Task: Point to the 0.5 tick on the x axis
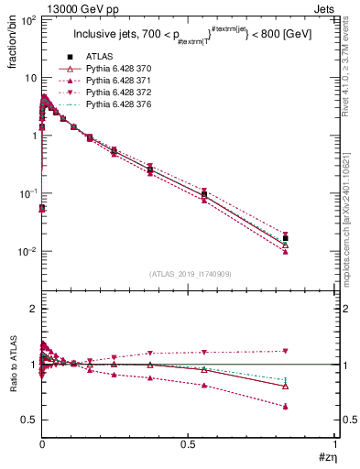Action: [x=188, y=443]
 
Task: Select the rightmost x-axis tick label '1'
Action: [x=334, y=443]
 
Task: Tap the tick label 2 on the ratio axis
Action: [x=33, y=310]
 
